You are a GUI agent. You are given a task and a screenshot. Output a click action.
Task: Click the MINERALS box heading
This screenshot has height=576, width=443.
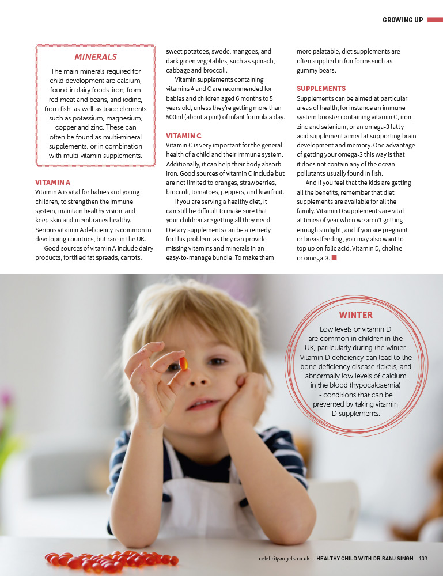pyautogui.click(x=96, y=56)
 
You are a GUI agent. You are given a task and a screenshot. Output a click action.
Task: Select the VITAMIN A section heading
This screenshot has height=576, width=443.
pyautogui.click(x=52, y=182)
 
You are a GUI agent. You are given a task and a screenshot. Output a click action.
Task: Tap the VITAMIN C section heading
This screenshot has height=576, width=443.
pyautogui.click(x=183, y=135)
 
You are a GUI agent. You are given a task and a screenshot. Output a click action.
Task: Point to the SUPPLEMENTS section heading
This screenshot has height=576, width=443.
pyautogui.click(x=321, y=89)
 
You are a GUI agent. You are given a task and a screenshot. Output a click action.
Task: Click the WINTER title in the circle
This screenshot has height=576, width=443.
pyautogui.click(x=355, y=315)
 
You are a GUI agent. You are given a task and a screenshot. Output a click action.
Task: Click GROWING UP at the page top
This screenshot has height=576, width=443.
pyautogui.click(x=403, y=20)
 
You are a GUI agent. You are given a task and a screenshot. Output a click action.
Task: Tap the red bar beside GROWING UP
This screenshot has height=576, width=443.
pyautogui.click(x=434, y=20)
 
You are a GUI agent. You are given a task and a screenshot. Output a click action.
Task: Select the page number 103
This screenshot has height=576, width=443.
pyautogui.click(x=423, y=558)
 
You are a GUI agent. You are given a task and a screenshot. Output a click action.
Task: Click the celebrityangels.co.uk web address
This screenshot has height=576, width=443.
pyautogui.click(x=285, y=558)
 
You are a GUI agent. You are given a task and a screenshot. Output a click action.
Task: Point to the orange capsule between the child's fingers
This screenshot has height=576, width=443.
pyautogui.click(x=183, y=363)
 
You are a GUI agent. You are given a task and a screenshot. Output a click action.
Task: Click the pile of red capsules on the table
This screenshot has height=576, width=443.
pyautogui.click(x=109, y=559)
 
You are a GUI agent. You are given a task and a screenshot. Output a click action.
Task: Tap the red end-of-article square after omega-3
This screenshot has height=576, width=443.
pyautogui.click(x=334, y=257)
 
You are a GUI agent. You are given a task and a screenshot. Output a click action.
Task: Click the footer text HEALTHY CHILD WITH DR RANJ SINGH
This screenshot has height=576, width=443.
pyautogui.click(x=365, y=558)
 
